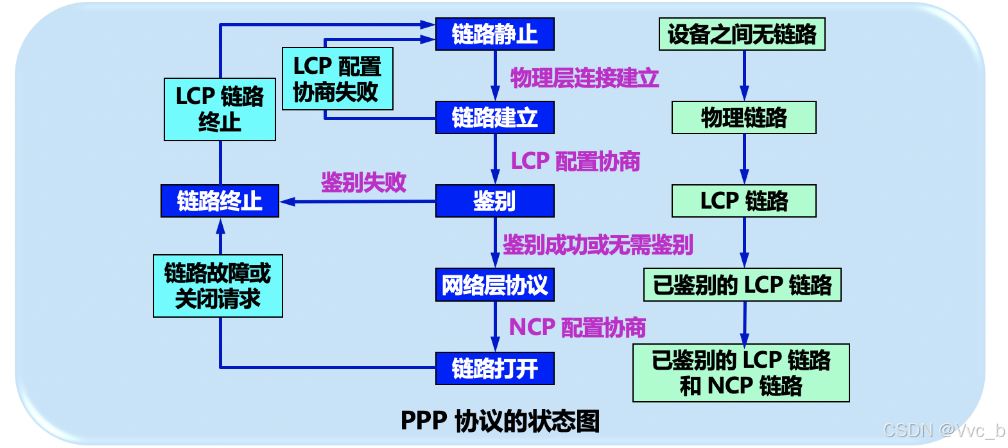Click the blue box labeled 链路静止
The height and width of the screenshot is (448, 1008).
494,34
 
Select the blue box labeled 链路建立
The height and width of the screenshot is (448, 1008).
494,117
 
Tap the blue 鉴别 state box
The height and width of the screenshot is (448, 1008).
494,201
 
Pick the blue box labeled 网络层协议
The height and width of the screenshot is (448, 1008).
494,285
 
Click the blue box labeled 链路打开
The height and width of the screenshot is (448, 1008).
494,368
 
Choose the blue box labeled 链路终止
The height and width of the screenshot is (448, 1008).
220,201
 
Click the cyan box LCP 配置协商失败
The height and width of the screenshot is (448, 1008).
337,79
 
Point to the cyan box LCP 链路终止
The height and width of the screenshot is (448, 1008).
220,109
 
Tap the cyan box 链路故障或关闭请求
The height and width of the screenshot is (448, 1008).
218,286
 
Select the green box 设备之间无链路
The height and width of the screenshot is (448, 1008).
742,34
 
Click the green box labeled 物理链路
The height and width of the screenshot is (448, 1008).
743,117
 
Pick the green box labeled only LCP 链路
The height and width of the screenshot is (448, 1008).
743,201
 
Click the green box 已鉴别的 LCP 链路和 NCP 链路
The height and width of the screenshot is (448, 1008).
741,373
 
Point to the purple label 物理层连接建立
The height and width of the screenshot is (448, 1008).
584,78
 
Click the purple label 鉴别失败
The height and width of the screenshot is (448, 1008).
363,182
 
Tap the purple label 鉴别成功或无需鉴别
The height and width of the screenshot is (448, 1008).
597,245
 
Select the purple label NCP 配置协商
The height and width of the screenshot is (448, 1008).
577,327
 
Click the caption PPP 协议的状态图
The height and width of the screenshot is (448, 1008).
500,421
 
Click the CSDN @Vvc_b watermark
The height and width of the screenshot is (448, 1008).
943,429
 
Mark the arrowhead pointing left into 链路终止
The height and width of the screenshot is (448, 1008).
286,202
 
